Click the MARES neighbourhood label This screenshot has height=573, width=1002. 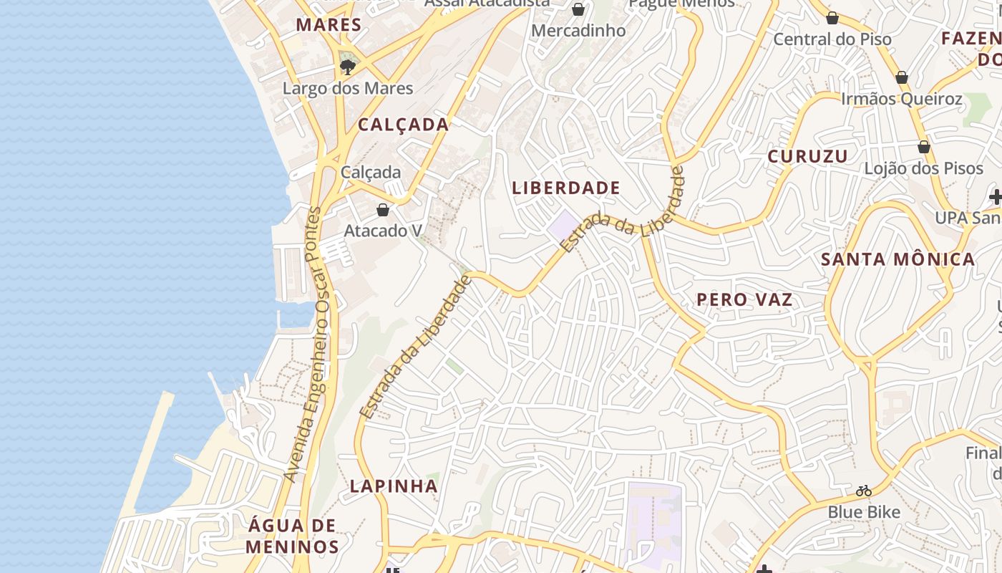[329, 25]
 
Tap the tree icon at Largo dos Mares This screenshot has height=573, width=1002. [348, 67]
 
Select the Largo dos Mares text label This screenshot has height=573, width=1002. [348, 89]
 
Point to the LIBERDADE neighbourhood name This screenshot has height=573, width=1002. [566, 188]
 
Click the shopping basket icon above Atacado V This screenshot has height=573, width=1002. [383, 210]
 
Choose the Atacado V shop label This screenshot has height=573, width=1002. [383, 231]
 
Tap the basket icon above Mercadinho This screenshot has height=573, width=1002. [578, 9]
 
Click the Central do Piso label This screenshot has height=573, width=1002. [832, 39]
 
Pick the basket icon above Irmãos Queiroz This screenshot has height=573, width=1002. [902, 77]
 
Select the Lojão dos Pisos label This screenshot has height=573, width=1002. [924, 168]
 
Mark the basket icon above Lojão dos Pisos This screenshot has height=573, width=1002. [924, 147]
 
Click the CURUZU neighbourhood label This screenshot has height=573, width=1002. [808, 156]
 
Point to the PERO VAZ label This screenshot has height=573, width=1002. [745, 299]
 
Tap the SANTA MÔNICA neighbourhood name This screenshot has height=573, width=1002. [898, 259]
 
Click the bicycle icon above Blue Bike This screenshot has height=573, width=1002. [864, 491]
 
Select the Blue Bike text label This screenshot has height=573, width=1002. [864, 512]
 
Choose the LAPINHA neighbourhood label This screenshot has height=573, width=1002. [394, 486]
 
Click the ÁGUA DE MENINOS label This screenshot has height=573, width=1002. [292, 536]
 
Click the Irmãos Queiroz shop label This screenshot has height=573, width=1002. [902, 99]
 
